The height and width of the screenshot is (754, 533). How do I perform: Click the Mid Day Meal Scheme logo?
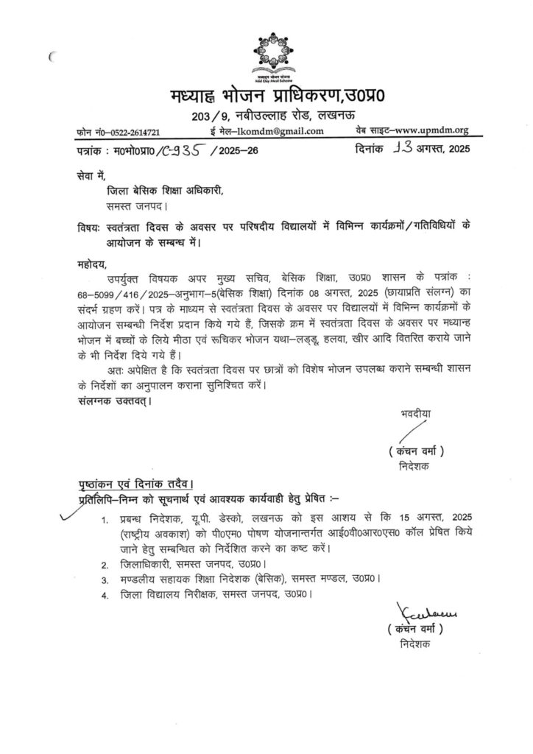266,54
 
